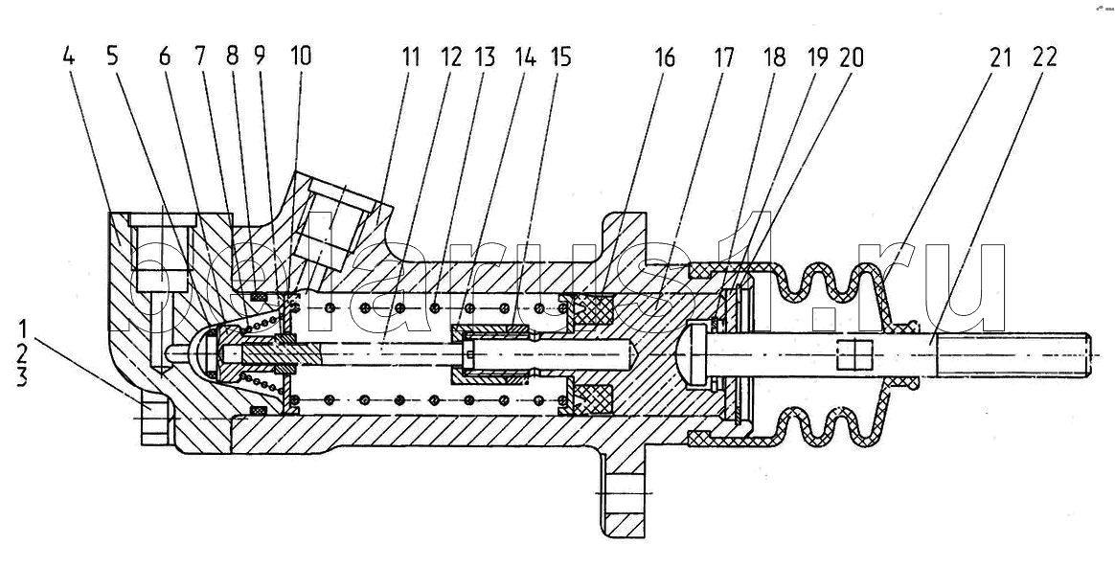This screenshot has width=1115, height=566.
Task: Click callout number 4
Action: (68, 57)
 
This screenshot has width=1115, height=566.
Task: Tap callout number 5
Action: (112, 57)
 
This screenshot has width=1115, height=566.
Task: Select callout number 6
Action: (165, 57)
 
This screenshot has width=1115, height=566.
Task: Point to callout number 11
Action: (410, 57)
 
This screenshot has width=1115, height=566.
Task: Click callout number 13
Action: (485, 57)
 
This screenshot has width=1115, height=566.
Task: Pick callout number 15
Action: (560, 57)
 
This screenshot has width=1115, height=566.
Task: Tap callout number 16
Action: (664, 57)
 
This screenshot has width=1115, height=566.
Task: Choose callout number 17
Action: (724, 57)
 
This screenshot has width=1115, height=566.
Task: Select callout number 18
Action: (774, 57)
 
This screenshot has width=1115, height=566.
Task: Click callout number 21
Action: (1000, 57)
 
